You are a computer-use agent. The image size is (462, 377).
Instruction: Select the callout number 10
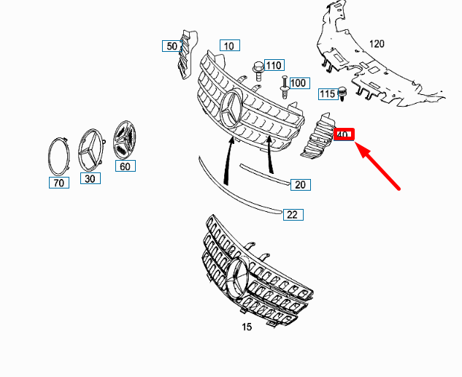(x=229, y=45)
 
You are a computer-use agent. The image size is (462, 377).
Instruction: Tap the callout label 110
(x=274, y=65)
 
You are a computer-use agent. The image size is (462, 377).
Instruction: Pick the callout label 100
(x=299, y=83)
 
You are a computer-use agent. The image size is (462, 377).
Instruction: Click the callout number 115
(x=326, y=94)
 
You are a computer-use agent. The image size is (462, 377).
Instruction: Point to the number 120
(x=376, y=44)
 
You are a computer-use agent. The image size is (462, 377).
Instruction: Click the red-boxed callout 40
(x=343, y=134)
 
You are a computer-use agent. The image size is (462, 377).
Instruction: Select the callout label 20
(x=300, y=185)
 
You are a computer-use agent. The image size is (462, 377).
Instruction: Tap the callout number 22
(x=293, y=214)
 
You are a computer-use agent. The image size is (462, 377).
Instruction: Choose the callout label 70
(x=59, y=183)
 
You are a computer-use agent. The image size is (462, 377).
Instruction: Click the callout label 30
(x=90, y=178)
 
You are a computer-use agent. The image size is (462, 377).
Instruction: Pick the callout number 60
(x=125, y=166)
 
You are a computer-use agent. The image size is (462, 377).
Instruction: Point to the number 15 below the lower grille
(x=247, y=327)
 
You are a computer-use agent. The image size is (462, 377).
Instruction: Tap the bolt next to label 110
(x=258, y=69)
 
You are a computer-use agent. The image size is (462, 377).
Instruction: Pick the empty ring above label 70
(x=59, y=154)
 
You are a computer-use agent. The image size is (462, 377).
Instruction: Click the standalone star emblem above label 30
(x=91, y=151)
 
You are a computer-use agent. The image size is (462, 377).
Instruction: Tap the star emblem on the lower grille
(x=239, y=279)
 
